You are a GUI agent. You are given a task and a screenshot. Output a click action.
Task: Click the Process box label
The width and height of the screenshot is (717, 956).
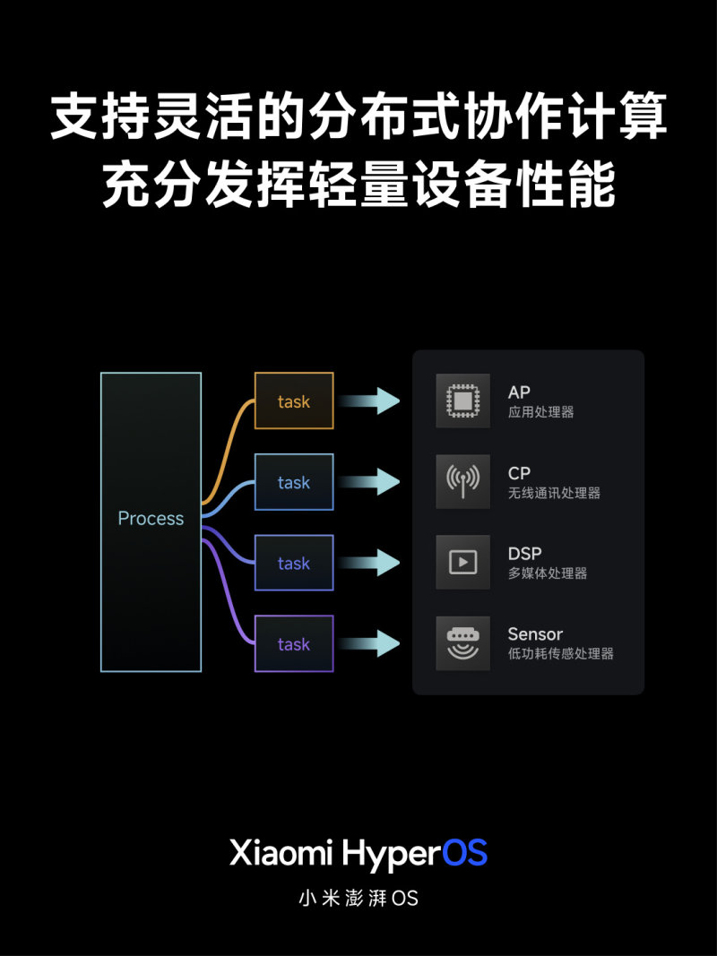click(151, 518)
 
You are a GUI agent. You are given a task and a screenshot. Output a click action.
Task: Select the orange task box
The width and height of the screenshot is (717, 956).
click(294, 400)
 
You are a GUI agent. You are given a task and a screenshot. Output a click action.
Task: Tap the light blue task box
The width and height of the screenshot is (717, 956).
click(294, 482)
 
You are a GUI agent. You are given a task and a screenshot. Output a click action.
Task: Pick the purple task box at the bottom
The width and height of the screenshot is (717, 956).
click(294, 644)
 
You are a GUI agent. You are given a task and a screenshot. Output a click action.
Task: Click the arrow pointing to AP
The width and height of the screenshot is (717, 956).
click(369, 400)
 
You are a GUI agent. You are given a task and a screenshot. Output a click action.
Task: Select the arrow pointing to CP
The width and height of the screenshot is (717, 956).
click(369, 482)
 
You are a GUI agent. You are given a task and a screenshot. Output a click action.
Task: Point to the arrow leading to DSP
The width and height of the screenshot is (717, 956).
click(369, 562)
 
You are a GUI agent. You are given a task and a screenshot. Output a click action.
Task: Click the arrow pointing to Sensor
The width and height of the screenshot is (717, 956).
click(369, 643)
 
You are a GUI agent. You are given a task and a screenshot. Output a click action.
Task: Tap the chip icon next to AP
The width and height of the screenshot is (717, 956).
click(462, 400)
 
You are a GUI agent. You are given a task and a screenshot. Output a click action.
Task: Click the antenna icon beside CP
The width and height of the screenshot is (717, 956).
click(462, 482)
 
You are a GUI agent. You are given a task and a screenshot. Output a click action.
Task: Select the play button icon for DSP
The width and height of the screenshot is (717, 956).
click(462, 562)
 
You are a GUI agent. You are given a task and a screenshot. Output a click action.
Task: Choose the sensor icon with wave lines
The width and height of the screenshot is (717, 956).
click(462, 643)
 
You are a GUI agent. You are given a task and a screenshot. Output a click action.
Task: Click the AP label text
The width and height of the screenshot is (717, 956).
click(519, 392)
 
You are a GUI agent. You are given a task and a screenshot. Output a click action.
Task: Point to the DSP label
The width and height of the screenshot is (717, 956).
click(524, 554)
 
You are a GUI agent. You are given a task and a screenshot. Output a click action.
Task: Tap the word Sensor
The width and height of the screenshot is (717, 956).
click(535, 634)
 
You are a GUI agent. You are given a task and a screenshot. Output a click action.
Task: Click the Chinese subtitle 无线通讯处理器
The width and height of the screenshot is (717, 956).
click(554, 493)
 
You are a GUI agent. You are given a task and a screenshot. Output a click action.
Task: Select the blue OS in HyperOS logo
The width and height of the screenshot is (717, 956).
click(464, 852)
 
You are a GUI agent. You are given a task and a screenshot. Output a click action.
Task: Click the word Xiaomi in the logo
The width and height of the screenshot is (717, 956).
click(281, 852)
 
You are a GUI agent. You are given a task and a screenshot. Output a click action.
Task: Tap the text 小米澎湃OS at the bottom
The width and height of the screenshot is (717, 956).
click(358, 898)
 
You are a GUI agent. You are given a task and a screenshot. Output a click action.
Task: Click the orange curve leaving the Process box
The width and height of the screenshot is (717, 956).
click(228, 452)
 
